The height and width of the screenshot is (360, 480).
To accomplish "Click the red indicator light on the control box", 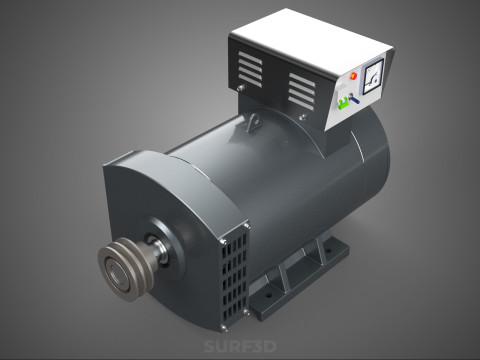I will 352,75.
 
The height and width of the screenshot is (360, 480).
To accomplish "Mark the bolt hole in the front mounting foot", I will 268,296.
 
